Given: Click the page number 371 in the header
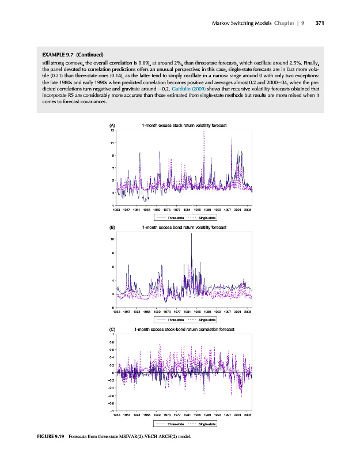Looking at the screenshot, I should click(320, 24).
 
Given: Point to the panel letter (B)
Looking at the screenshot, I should click(112, 228).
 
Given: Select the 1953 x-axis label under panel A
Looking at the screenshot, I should click(116, 210).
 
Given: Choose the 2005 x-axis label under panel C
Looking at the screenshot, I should click(248, 414).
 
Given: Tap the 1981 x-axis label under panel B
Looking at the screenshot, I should click(189, 312).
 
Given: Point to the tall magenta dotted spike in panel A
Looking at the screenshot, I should click(204, 134).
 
